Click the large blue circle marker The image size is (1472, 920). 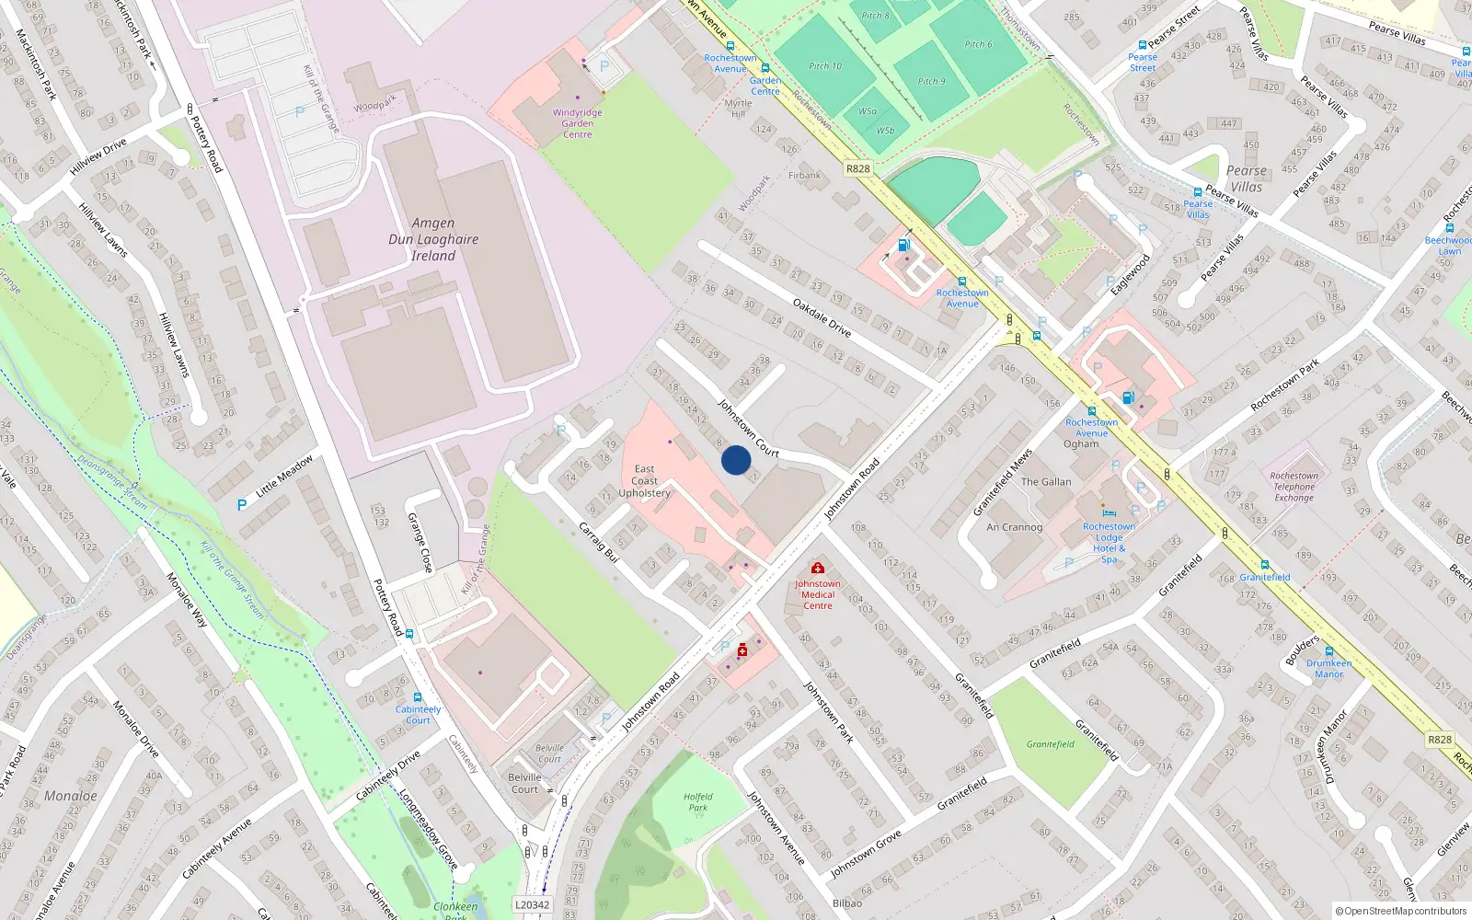736,460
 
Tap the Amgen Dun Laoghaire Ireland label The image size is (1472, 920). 433,239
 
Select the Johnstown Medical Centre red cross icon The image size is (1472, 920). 817,569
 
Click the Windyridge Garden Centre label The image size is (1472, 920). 578,123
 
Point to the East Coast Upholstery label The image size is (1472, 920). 644,481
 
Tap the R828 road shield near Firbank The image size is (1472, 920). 857,168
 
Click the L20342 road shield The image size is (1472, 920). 532,904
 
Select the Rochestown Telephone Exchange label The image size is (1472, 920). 1294,487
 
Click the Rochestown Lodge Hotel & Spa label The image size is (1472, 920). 1109,543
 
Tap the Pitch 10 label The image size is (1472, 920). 825,66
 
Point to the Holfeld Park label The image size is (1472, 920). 698,802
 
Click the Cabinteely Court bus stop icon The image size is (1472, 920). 418,698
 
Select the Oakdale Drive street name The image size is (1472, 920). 822,317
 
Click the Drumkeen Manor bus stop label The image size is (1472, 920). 1328,668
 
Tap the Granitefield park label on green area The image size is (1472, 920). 1051,744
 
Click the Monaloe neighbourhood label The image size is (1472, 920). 71,796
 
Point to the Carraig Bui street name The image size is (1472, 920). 598,542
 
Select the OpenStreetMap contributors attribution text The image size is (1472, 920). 1400,911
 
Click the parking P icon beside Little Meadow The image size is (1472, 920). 242,504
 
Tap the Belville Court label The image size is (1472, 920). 525,783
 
